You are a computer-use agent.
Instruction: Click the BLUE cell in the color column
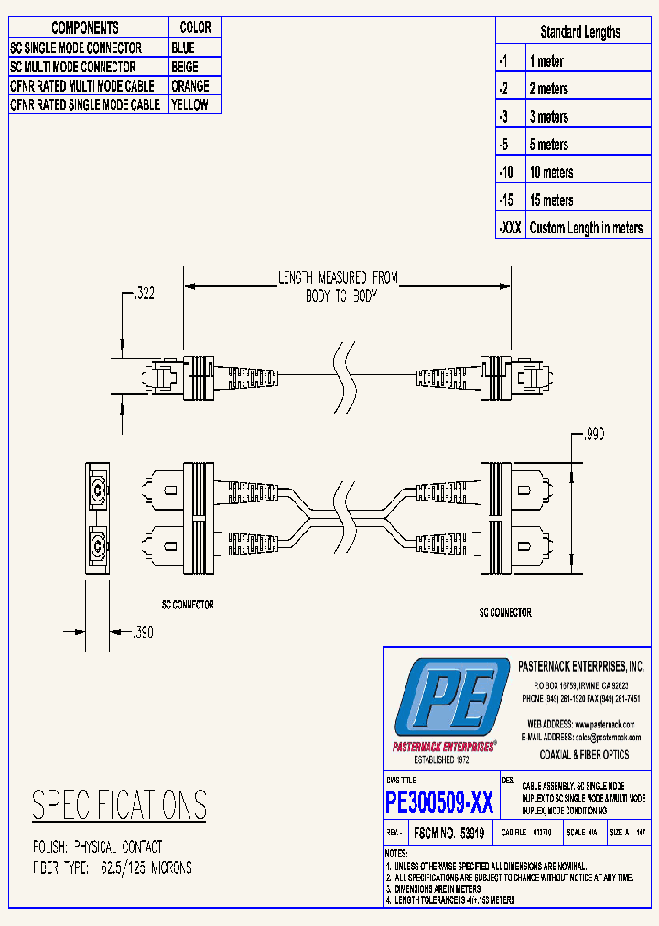[183, 48]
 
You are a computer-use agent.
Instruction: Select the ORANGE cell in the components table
[189, 86]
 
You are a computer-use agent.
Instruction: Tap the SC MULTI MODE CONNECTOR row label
[73, 67]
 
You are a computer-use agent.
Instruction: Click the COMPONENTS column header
[84, 28]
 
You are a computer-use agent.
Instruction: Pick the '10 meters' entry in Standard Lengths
[551, 173]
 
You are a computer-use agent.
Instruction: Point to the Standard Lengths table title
[579, 32]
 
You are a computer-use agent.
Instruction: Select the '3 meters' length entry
[548, 117]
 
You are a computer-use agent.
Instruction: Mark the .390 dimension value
[144, 631]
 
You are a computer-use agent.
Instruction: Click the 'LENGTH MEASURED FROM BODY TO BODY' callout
[338, 286]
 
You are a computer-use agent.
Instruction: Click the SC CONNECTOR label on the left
[181, 605]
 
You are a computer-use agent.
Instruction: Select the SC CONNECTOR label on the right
[504, 613]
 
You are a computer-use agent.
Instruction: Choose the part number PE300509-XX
[440, 803]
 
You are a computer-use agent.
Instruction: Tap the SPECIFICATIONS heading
[119, 805]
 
